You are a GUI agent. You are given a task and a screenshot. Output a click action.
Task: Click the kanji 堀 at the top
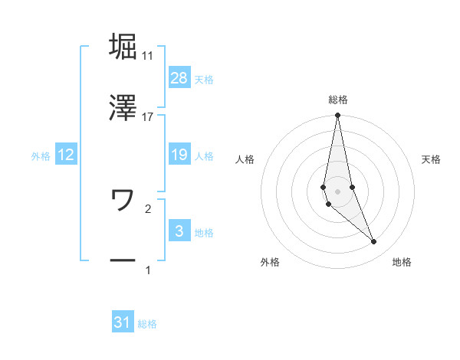(x=123, y=46)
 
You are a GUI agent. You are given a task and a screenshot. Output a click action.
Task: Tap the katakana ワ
(x=123, y=200)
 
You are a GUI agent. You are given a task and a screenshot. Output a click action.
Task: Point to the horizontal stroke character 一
(x=123, y=261)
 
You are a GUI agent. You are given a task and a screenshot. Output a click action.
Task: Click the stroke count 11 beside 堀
(x=147, y=56)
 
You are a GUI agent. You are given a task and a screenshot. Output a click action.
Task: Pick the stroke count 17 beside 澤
(x=147, y=116)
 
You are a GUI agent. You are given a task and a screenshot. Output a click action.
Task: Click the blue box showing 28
(x=179, y=78)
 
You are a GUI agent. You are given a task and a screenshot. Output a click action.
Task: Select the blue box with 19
(x=179, y=155)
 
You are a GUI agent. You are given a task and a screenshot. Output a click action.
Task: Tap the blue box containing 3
(x=179, y=231)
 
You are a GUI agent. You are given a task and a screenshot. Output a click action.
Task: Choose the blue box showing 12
(x=66, y=155)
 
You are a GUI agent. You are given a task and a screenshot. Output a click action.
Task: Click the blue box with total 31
(x=123, y=322)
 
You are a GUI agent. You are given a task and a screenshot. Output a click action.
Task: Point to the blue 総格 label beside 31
(x=147, y=324)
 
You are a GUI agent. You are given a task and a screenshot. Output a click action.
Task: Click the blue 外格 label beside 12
(x=41, y=156)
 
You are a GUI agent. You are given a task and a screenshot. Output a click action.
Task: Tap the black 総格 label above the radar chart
(x=338, y=100)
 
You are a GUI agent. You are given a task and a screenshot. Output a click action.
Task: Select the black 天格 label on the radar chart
(x=432, y=159)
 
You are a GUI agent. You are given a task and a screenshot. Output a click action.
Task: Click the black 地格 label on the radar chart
(x=402, y=262)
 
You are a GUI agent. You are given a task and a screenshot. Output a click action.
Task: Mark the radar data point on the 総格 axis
(x=338, y=116)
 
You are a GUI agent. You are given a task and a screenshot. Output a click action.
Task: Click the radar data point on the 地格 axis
(x=374, y=242)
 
